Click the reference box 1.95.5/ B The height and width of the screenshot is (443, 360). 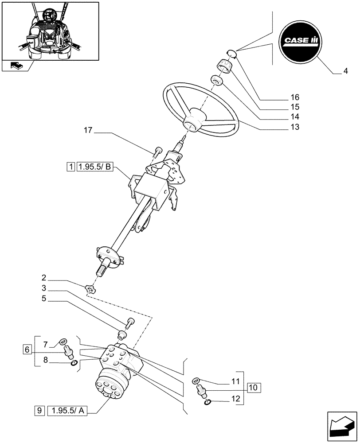(x=96, y=167)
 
